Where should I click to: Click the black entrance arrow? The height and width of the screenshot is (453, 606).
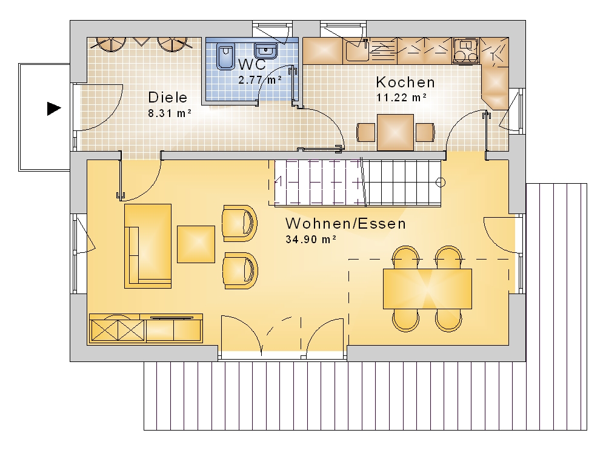[x=54, y=109]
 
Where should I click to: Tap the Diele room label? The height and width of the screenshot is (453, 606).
[x=168, y=97]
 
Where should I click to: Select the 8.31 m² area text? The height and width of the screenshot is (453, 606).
[x=170, y=113]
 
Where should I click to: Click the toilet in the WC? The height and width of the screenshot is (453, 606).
[x=225, y=57]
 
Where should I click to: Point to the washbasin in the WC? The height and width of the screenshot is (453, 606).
[x=265, y=51]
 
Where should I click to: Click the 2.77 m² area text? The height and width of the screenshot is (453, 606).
[x=260, y=80]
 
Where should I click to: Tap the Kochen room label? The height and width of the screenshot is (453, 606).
[x=405, y=82]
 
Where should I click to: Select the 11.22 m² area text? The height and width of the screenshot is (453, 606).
[x=402, y=98]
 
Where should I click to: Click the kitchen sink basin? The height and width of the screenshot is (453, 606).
[x=356, y=51]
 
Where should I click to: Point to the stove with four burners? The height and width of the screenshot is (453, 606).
[x=465, y=51]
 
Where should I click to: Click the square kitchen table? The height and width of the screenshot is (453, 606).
[x=395, y=132]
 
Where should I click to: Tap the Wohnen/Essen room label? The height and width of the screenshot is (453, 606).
[x=345, y=224]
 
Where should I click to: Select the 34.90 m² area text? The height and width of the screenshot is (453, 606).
[x=311, y=239]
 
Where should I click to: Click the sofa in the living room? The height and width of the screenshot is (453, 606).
[x=148, y=246]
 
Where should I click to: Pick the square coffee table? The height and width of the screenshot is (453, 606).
[x=196, y=244]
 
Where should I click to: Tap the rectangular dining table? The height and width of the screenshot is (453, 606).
[x=427, y=289]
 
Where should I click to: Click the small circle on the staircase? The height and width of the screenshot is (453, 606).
[x=440, y=182]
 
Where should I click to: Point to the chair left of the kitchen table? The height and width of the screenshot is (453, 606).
[x=365, y=132]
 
